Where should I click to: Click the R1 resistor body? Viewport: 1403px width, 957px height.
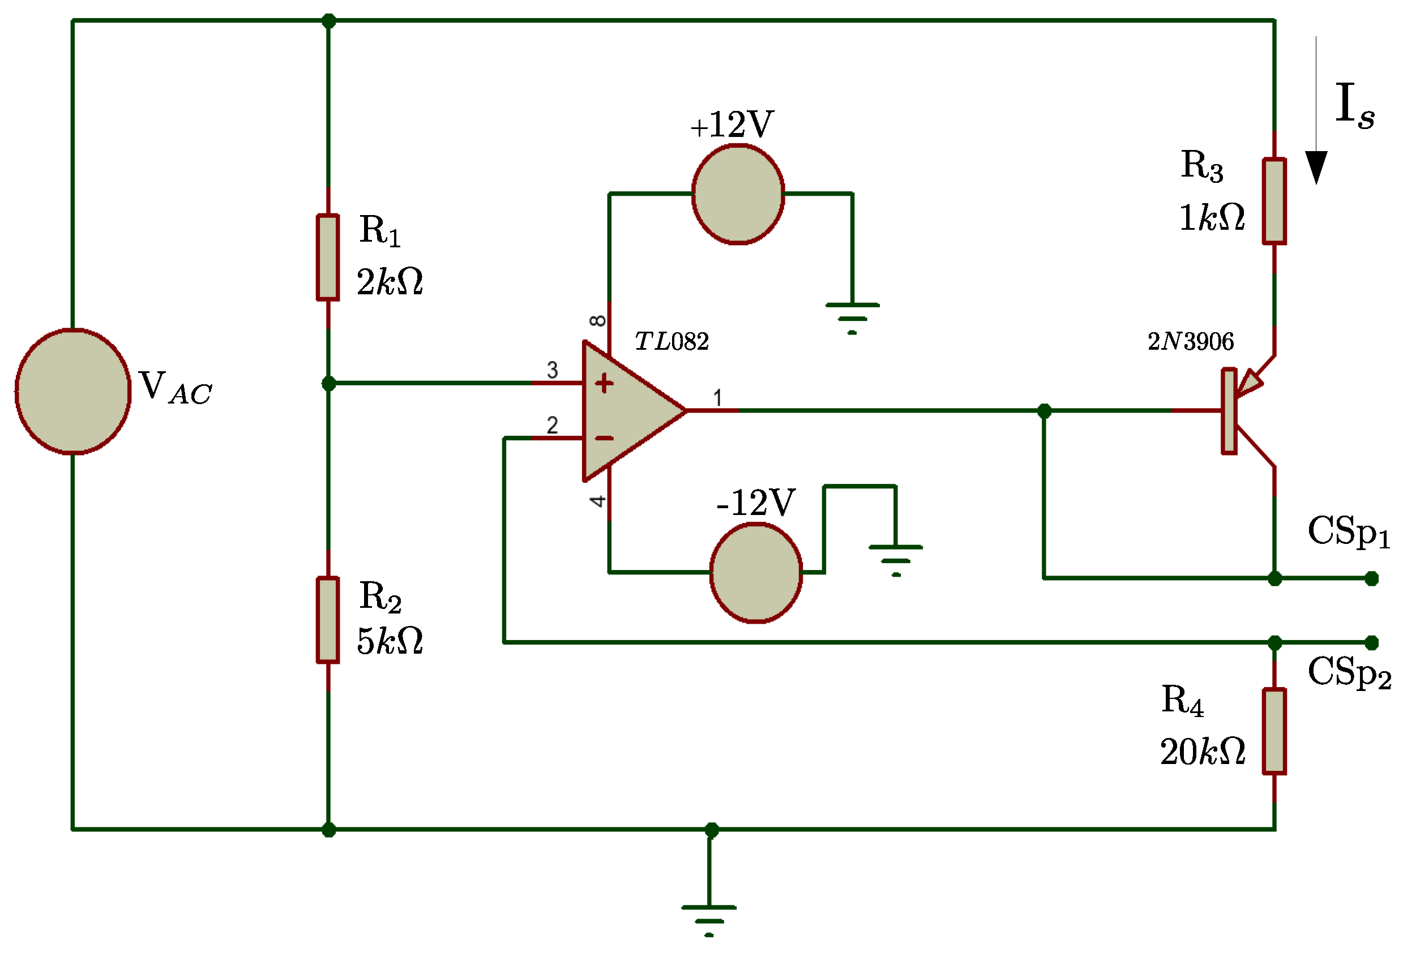coord(328,257)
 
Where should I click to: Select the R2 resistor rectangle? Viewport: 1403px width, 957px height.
coord(328,620)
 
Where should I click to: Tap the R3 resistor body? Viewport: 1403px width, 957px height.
coord(1274,201)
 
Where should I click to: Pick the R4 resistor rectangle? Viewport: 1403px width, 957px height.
coord(1274,731)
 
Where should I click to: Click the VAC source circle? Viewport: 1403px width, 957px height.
coord(73,392)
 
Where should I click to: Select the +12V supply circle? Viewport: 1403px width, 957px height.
coord(738,194)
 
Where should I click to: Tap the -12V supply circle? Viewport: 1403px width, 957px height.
coord(756,573)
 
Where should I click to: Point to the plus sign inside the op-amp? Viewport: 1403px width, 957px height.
coord(604,384)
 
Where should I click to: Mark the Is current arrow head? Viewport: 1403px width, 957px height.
coord(1316,167)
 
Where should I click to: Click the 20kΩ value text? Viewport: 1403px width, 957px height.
coord(1203,752)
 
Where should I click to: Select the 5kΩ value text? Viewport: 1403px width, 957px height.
coord(390,641)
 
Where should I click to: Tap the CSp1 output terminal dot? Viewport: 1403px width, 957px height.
coord(1372,578)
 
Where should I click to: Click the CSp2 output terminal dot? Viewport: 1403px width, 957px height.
coord(1372,643)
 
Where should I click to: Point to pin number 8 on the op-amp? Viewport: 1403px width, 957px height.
coord(598,320)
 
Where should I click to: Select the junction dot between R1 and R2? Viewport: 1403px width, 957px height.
coord(328,384)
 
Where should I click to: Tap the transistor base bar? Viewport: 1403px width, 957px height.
coord(1229,411)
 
